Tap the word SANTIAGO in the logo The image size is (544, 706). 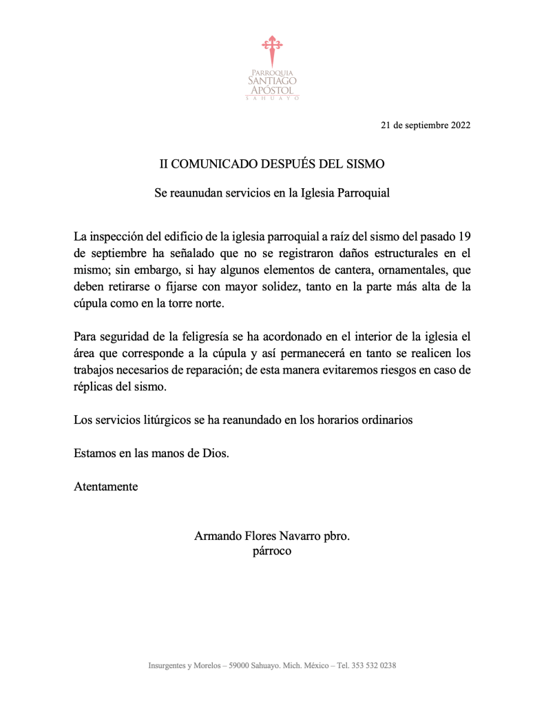[272, 81]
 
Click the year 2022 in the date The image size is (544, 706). [461, 125]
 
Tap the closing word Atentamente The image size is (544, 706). [105, 487]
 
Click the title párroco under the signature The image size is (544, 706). [272, 551]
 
